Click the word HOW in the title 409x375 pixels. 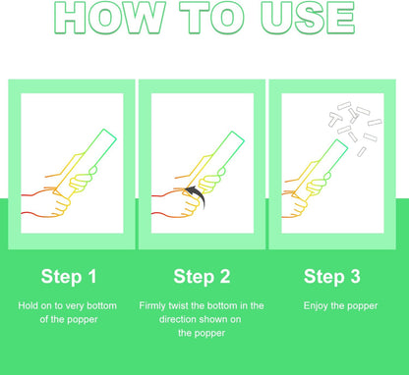109,18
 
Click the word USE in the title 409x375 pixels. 308,18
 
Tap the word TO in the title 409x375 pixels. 212,18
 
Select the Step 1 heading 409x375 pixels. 69,277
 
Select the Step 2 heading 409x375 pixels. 202,277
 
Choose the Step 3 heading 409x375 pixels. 332,277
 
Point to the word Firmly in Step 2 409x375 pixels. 152,306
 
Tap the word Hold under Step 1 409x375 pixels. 27,305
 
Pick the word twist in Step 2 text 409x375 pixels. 178,305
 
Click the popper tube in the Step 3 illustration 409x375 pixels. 320,170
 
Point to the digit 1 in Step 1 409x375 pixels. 92,277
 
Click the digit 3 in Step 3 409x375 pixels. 355,277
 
